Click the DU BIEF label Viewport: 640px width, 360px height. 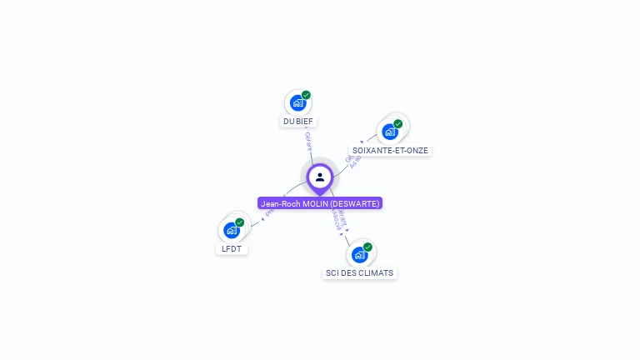(x=298, y=121)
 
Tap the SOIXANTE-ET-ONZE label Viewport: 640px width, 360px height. (x=390, y=151)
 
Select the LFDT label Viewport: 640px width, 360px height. (x=232, y=248)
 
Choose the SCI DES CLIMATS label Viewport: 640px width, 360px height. (x=359, y=272)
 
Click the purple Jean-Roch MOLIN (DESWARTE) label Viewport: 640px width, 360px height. (x=320, y=203)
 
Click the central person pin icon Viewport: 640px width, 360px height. (x=320, y=177)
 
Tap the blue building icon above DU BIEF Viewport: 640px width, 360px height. (x=297, y=103)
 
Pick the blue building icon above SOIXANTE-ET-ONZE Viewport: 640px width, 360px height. (x=389, y=132)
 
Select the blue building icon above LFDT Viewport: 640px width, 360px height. (x=232, y=230)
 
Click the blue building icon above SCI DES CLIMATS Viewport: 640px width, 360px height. (x=359, y=254)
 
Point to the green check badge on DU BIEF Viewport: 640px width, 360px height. (x=306, y=95)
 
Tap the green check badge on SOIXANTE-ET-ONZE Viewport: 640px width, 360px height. (x=397, y=124)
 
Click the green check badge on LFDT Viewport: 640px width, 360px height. (x=240, y=222)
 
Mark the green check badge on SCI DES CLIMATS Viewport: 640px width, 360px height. (x=367, y=247)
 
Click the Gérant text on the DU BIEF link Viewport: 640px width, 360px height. (x=308, y=141)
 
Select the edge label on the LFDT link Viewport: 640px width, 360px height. (x=268, y=213)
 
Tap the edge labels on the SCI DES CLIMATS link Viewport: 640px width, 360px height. (x=339, y=220)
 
